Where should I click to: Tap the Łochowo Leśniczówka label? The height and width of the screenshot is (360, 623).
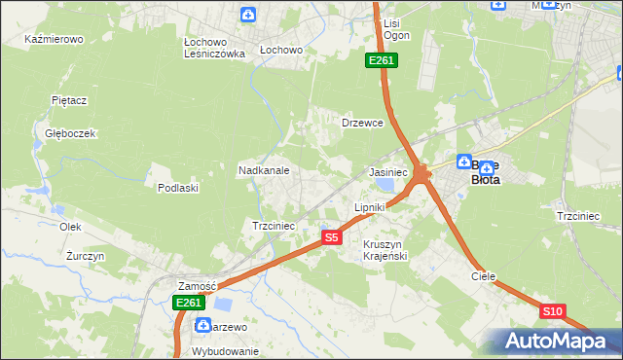point(214,49)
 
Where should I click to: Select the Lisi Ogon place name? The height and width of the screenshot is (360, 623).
point(396,29)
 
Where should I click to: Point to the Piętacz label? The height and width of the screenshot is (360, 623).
point(70,100)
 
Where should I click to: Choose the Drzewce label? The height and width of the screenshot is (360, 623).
point(362,124)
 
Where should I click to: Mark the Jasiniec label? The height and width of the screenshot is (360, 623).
point(388,171)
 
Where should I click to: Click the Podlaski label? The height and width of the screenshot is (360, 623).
point(178,188)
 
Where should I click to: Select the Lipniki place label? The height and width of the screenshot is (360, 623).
point(370,207)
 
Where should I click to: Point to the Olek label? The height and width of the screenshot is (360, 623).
point(70,227)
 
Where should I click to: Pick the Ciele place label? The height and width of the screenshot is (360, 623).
point(484,276)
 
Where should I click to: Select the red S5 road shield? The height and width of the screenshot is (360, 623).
point(332,237)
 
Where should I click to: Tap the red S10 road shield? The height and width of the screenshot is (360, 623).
point(552,311)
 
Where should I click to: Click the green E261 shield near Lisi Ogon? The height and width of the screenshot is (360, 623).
point(381,61)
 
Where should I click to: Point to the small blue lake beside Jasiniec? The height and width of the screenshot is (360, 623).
point(386,184)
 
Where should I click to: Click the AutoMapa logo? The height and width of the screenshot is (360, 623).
point(552,342)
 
